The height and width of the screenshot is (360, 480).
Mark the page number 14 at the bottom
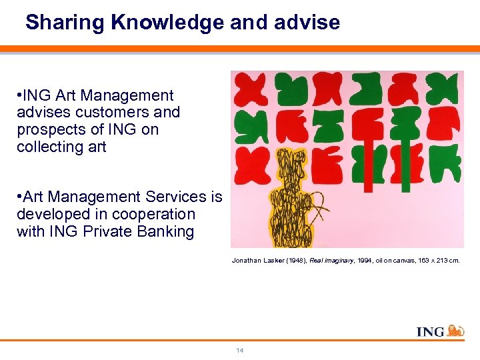tap(239, 351)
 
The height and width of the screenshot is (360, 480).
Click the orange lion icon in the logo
tap(455, 330)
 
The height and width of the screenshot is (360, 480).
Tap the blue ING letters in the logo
tap(430, 331)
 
